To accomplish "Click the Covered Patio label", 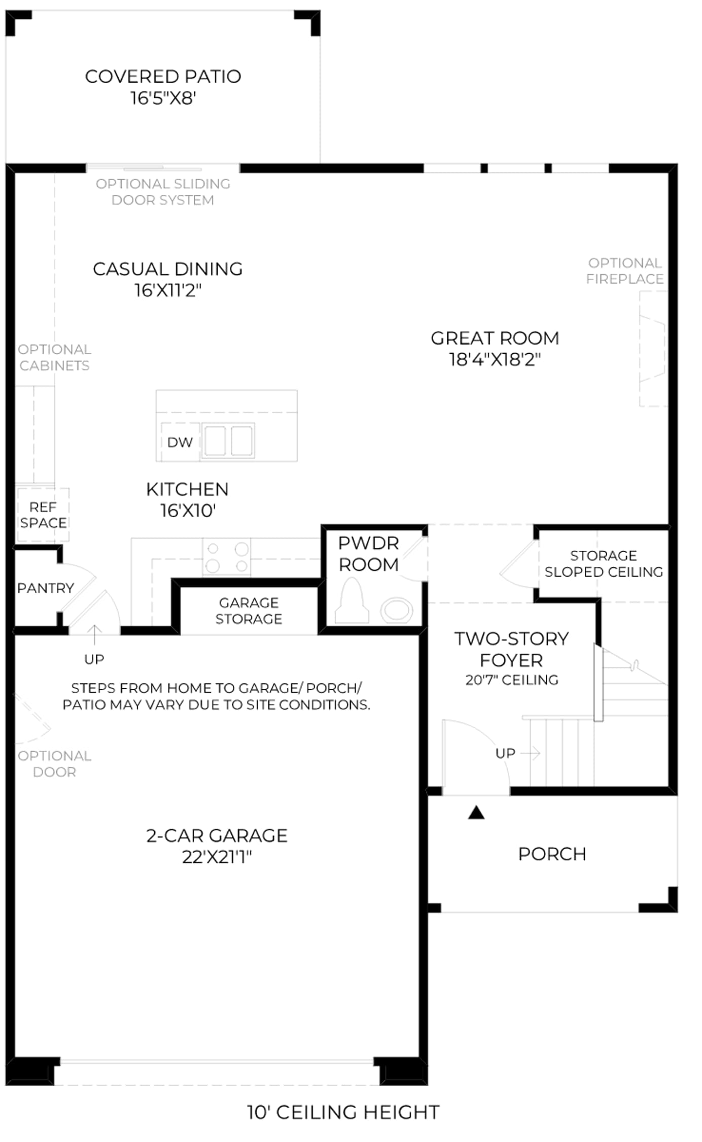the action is click(x=163, y=77).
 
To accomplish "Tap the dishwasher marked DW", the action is click(x=180, y=442).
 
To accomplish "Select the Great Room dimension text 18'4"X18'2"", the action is click(x=495, y=359).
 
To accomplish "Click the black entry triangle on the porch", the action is click(x=476, y=813).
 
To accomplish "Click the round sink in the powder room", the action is click(x=397, y=610).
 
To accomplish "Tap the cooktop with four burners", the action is click(x=227, y=557).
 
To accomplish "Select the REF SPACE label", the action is click(x=43, y=515).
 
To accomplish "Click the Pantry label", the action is click(x=46, y=588).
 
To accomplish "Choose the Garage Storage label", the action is click(x=249, y=611).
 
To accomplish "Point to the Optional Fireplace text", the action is click(x=625, y=271).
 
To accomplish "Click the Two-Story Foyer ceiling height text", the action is click(x=512, y=680).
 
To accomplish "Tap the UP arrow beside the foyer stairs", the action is click(x=531, y=753).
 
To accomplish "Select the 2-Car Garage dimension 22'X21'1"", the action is click(x=217, y=857).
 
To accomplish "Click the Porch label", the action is click(x=552, y=854).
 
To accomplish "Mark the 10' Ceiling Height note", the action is click(x=343, y=1112).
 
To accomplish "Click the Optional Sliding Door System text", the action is click(x=163, y=192).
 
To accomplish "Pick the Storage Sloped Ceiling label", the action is click(x=604, y=563).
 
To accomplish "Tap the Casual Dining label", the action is click(x=168, y=269).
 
